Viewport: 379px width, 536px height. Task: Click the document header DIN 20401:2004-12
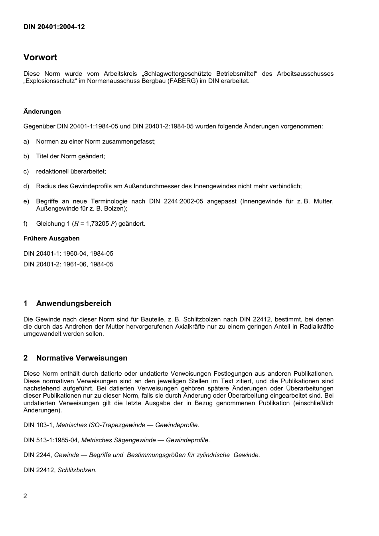[x=54, y=27]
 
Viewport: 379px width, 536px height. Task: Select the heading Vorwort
[x=40, y=57]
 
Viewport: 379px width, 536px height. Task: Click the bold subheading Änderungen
[x=42, y=112]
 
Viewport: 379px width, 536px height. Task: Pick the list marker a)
[x=26, y=142]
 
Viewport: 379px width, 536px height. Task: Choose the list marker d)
[x=26, y=186]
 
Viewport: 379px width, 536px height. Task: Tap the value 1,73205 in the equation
[x=97, y=224]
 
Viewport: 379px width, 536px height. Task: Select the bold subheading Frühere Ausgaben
[x=51, y=238]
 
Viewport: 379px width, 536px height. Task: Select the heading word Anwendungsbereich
[x=74, y=303]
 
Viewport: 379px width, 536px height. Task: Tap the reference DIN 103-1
[x=38, y=425]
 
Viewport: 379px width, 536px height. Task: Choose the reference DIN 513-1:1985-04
[x=51, y=440]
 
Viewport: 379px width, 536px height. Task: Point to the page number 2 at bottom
[x=26, y=496]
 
